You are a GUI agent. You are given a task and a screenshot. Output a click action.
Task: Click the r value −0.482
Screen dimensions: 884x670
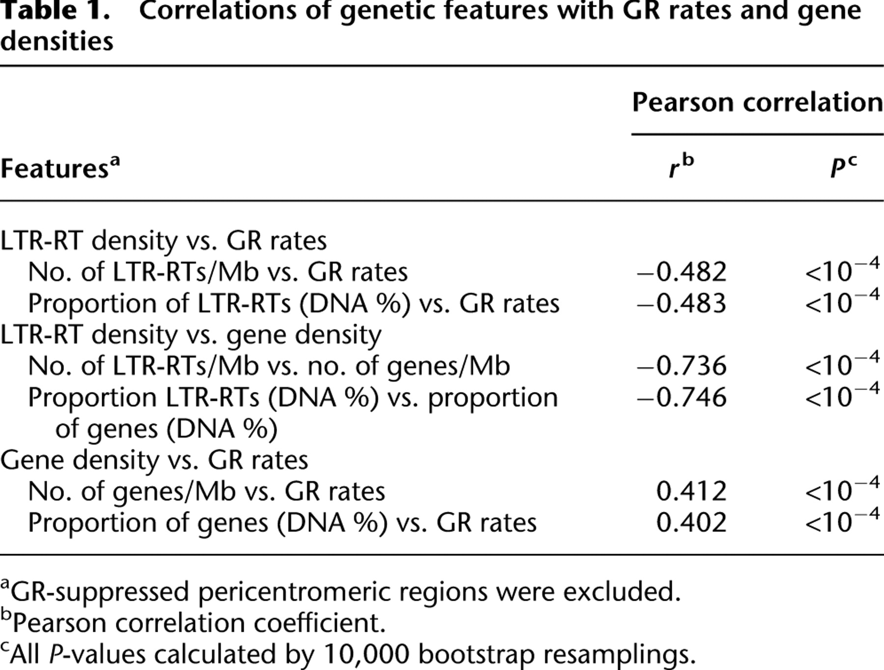tap(682, 272)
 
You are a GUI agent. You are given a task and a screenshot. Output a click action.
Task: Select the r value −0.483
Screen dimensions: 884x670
tap(682, 303)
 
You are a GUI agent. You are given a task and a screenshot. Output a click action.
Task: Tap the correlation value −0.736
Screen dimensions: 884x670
tap(682, 366)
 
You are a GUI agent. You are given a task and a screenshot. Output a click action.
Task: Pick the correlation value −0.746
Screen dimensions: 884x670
tap(682, 397)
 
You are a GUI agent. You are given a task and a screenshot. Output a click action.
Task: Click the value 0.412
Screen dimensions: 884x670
tap(691, 491)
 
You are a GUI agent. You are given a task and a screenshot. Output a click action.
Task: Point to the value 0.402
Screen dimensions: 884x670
tap(691, 522)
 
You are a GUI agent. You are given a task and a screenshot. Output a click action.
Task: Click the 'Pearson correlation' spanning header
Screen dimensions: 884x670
tap(757, 102)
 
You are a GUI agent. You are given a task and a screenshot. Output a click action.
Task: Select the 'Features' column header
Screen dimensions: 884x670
tap(60, 167)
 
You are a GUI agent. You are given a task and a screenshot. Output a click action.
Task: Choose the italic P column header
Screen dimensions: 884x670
tap(843, 167)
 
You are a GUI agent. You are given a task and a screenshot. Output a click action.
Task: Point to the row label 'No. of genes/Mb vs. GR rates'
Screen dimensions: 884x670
tap(206, 492)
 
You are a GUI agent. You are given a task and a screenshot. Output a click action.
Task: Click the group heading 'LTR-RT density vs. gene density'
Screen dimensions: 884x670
tap(191, 335)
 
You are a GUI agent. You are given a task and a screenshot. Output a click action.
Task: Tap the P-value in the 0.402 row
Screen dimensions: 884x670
tap(842, 520)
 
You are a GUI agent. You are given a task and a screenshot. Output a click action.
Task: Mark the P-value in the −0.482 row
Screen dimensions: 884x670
tap(842, 270)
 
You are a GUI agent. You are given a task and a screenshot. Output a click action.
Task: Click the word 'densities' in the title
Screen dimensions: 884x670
tap(56, 41)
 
